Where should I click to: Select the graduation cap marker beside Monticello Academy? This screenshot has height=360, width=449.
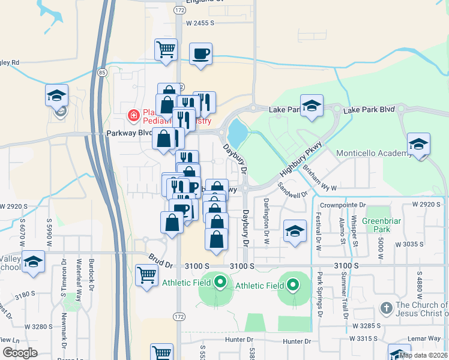418,145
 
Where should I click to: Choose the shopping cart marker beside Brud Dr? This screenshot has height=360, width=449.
146,275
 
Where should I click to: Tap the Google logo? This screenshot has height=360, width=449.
20,353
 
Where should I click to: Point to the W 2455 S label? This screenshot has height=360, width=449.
200,23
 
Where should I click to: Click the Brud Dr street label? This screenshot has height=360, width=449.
161,263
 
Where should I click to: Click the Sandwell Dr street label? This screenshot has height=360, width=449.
293,190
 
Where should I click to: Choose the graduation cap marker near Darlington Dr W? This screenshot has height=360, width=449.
295,232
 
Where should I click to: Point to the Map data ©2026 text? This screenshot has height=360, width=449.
423,355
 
